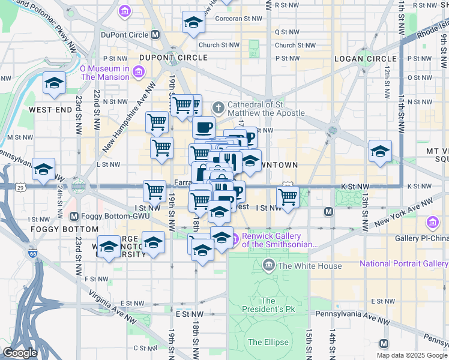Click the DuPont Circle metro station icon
point(155,35)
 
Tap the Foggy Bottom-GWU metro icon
point(74,217)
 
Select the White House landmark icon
point(268,266)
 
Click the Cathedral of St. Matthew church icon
point(219,109)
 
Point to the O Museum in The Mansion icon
point(139,73)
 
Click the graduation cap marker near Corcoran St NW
point(193,23)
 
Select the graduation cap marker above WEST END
point(54,83)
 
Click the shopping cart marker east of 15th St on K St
point(288,196)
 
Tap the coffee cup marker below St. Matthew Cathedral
point(203,127)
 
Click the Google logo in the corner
point(20,353)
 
